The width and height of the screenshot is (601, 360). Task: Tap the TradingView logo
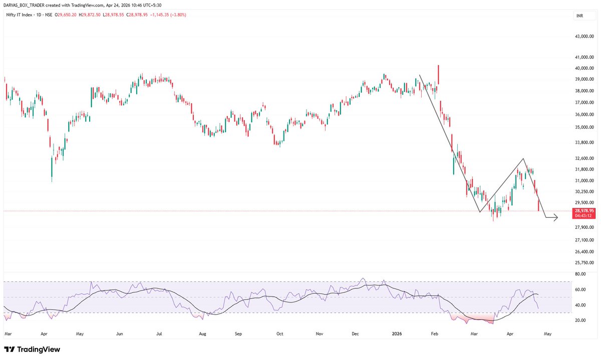tap(32, 349)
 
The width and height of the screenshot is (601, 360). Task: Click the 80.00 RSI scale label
tap(580, 274)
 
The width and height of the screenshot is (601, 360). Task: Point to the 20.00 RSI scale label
tap(580, 320)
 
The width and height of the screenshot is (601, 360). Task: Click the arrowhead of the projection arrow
tap(556, 218)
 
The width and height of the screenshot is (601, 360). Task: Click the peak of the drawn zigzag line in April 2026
tap(524, 159)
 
